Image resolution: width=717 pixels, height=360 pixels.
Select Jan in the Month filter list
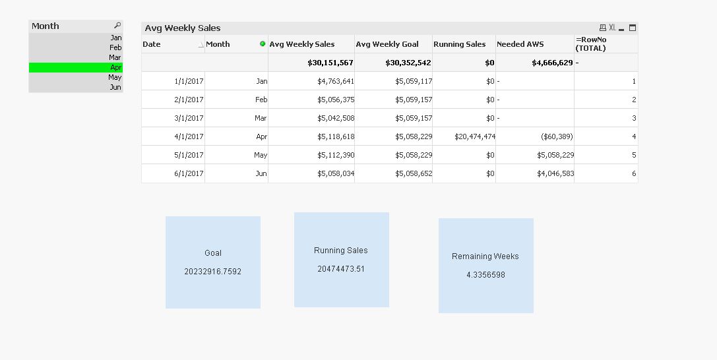click(x=116, y=38)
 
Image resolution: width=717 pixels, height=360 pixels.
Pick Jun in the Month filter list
click(x=115, y=87)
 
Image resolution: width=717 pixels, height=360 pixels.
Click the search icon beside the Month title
click(x=117, y=26)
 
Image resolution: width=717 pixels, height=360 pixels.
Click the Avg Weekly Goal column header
click(x=387, y=44)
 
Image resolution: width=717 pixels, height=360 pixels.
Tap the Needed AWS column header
click(x=520, y=44)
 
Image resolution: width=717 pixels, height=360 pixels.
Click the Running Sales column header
click(x=459, y=44)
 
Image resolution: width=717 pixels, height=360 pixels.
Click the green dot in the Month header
click(x=263, y=44)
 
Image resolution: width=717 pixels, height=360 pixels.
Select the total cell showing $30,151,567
click(x=330, y=63)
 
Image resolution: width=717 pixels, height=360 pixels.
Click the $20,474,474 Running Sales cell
click(x=475, y=136)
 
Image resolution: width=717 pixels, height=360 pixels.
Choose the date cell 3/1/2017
click(x=189, y=118)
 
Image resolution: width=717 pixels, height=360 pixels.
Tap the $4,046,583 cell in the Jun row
click(x=555, y=173)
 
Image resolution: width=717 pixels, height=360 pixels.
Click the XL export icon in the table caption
click(x=612, y=28)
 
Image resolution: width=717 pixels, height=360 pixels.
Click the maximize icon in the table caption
click(x=633, y=28)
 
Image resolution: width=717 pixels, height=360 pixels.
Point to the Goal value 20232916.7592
click(x=213, y=272)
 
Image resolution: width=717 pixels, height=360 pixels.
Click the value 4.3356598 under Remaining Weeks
click(x=485, y=275)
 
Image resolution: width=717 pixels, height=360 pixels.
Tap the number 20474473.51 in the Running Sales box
click(x=341, y=269)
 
